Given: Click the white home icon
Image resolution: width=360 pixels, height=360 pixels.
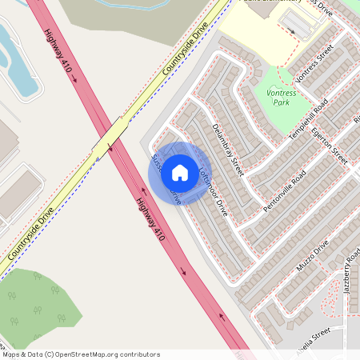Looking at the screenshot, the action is (x=180, y=172).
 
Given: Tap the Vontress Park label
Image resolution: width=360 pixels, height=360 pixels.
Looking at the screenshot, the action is (x=280, y=98).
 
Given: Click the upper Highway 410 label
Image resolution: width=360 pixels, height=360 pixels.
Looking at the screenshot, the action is (x=60, y=54).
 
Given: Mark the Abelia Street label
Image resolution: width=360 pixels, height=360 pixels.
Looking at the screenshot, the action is (x=308, y=333).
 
